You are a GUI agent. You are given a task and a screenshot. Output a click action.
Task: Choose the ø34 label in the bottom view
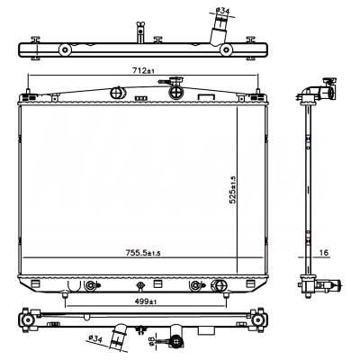coord(95,338)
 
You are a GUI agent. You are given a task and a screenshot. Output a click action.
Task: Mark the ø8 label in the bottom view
coord(155,341)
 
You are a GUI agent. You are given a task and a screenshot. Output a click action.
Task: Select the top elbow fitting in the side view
coord(319,91)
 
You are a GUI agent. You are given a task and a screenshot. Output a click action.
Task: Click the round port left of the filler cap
coord(117,92)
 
